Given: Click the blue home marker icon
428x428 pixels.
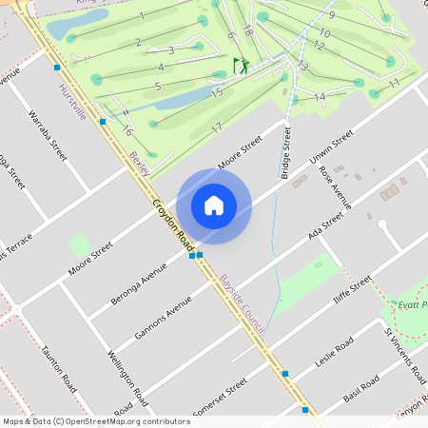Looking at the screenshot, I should tap(214, 205).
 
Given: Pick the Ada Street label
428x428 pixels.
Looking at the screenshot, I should tap(325, 227).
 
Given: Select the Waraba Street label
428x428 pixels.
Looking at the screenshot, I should tap(49, 136).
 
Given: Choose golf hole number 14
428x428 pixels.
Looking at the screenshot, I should tap(320, 96).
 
